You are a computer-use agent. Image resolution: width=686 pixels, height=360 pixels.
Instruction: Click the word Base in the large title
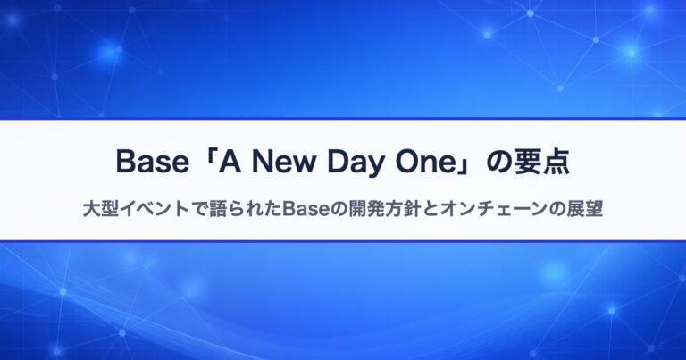pyautogui.click(x=153, y=162)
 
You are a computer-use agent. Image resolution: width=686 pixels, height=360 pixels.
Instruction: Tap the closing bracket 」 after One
pyautogui.click(x=464, y=166)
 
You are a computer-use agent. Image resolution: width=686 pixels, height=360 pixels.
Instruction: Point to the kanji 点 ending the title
pyautogui.click(x=556, y=163)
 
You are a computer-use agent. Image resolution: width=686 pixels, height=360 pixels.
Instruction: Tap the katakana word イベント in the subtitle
pyautogui.click(x=155, y=209)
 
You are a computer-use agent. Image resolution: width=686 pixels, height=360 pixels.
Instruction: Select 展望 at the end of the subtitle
pyautogui.click(x=584, y=209)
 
